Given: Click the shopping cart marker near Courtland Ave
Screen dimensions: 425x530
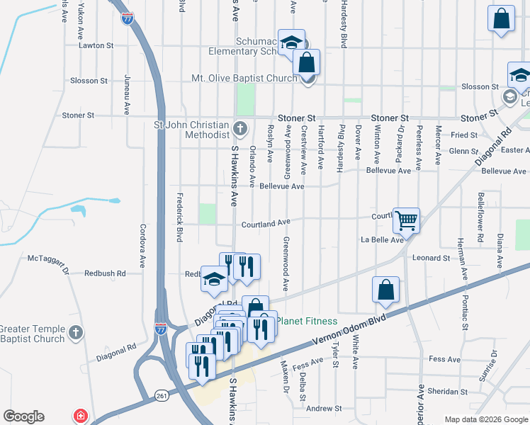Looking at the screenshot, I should (407, 220).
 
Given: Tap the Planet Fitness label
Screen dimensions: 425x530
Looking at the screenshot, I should (306, 321).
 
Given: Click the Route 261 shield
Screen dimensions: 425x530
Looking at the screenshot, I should (162, 395).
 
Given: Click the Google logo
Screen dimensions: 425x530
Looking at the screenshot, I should (24, 416).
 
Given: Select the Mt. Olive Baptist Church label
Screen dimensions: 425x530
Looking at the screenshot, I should (244, 78).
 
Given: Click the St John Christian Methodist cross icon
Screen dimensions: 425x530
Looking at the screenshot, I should (241, 128).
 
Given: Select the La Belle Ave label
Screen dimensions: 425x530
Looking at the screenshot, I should (382, 240).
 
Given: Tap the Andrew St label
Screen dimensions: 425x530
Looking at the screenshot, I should (324, 409).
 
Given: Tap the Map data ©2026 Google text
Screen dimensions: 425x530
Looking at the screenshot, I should (486, 419).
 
